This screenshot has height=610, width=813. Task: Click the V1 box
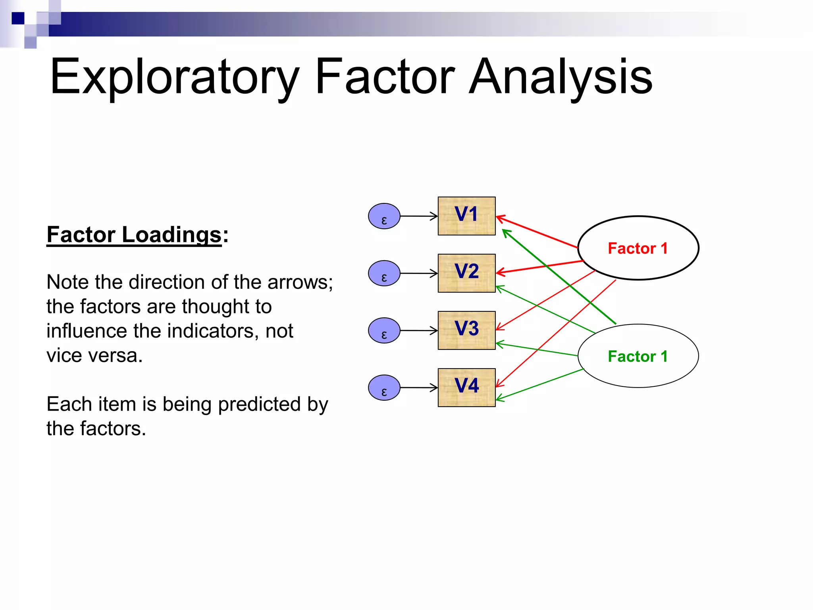pos(466,216)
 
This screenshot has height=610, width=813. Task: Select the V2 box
pos(466,273)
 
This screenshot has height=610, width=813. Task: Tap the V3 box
pos(466,330)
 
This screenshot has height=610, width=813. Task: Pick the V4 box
pos(466,387)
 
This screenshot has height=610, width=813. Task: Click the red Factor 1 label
pos(638,248)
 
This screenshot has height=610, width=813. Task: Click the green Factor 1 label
pos(638,356)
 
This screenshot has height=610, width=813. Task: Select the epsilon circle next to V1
pos(384,216)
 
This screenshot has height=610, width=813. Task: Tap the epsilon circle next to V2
pos(384,273)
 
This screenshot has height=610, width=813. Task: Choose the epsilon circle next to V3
pos(384,330)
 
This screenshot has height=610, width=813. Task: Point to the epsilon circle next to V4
pos(384,388)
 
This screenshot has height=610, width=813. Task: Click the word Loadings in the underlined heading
pos(171,234)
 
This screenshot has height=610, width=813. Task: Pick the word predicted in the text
pos(259,404)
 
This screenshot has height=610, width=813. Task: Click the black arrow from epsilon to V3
pos(418,330)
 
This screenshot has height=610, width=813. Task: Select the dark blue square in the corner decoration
pos(18,18)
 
